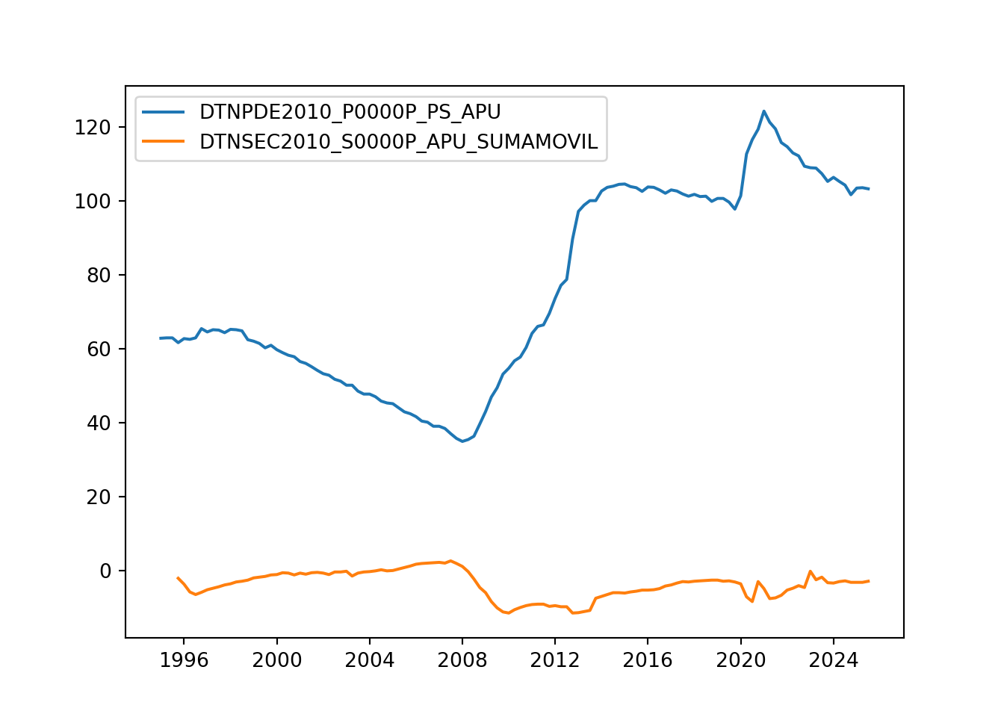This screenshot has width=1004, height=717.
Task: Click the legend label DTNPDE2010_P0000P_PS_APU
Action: [x=350, y=112]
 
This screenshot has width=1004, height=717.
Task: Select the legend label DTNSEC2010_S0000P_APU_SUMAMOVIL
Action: [x=398, y=142]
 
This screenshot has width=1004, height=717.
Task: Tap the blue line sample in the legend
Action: [x=164, y=112]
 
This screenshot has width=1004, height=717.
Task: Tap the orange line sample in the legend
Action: [x=164, y=142]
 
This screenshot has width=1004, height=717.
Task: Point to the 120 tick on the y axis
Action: [x=93, y=128]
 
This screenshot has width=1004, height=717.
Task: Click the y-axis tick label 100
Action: [x=93, y=202]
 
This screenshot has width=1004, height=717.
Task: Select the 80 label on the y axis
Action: [x=98, y=276]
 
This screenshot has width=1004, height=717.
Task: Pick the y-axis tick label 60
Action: [x=98, y=350]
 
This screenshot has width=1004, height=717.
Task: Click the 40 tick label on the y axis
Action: [x=98, y=423]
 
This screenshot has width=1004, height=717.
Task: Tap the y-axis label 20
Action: [x=98, y=497]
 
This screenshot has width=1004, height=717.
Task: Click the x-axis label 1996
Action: [x=184, y=660]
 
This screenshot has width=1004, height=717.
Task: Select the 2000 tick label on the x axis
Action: [x=276, y=660]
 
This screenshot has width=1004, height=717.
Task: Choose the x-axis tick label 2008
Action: [x=462, y=660]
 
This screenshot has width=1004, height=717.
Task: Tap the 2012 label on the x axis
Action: [x=554, y=660]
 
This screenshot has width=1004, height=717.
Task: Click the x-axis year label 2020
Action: [x=740, y=660]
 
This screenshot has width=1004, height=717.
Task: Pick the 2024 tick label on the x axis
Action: [x=833, y=660]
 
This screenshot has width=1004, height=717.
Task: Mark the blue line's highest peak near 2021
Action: [x=763, y=111]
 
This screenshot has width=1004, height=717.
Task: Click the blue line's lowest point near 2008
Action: [x=462, y=441]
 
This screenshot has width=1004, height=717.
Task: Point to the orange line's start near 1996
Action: [x=178, y=577]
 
